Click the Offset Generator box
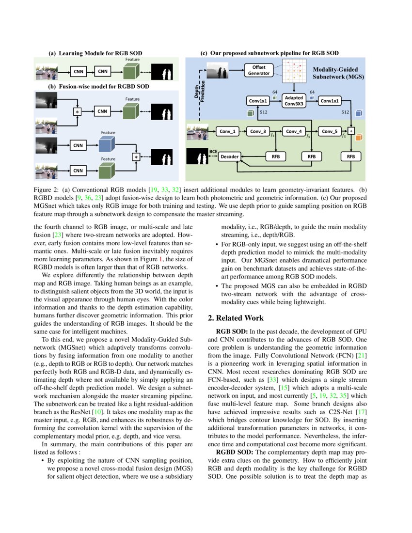coord(259,70)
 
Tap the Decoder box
coord(230,157)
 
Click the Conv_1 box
coord(227,131)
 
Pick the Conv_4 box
coord(294,131)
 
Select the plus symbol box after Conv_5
coord(351,131)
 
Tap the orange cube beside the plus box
coord(359,138)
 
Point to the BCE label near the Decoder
coord(213,151)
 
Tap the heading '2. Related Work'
coord(236,318)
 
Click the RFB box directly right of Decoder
coord(276,157)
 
